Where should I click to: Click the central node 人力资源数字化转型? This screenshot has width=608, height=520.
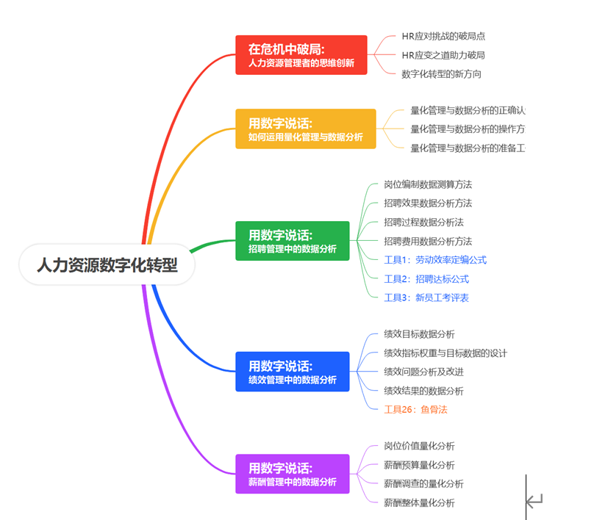107,264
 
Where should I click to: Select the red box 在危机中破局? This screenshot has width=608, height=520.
301,55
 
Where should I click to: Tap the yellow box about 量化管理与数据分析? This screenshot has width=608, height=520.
305,129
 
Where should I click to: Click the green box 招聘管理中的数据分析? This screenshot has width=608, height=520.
292,241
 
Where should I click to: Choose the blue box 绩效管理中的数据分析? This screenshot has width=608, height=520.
292,372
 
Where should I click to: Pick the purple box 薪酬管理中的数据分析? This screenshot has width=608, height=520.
292,474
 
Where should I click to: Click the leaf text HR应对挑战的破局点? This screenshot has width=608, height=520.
443,36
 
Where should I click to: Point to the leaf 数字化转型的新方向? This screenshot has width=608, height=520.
441,74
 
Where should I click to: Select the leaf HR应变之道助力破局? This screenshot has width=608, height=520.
443,55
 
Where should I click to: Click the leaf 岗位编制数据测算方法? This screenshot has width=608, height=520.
428,184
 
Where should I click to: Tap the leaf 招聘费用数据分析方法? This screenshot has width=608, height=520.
428,242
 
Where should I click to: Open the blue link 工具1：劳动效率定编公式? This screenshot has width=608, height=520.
435,260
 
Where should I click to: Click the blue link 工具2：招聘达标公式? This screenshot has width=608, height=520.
426,279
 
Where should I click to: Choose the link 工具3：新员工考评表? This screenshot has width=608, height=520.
426,298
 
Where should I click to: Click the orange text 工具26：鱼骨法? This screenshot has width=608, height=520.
415,410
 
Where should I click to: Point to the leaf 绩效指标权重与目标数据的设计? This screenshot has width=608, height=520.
446,353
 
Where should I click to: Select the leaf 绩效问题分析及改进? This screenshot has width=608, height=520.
423,372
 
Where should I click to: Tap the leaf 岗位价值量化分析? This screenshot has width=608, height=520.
419,446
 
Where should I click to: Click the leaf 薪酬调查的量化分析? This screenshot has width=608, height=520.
423,484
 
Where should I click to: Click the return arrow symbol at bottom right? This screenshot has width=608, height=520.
534,501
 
